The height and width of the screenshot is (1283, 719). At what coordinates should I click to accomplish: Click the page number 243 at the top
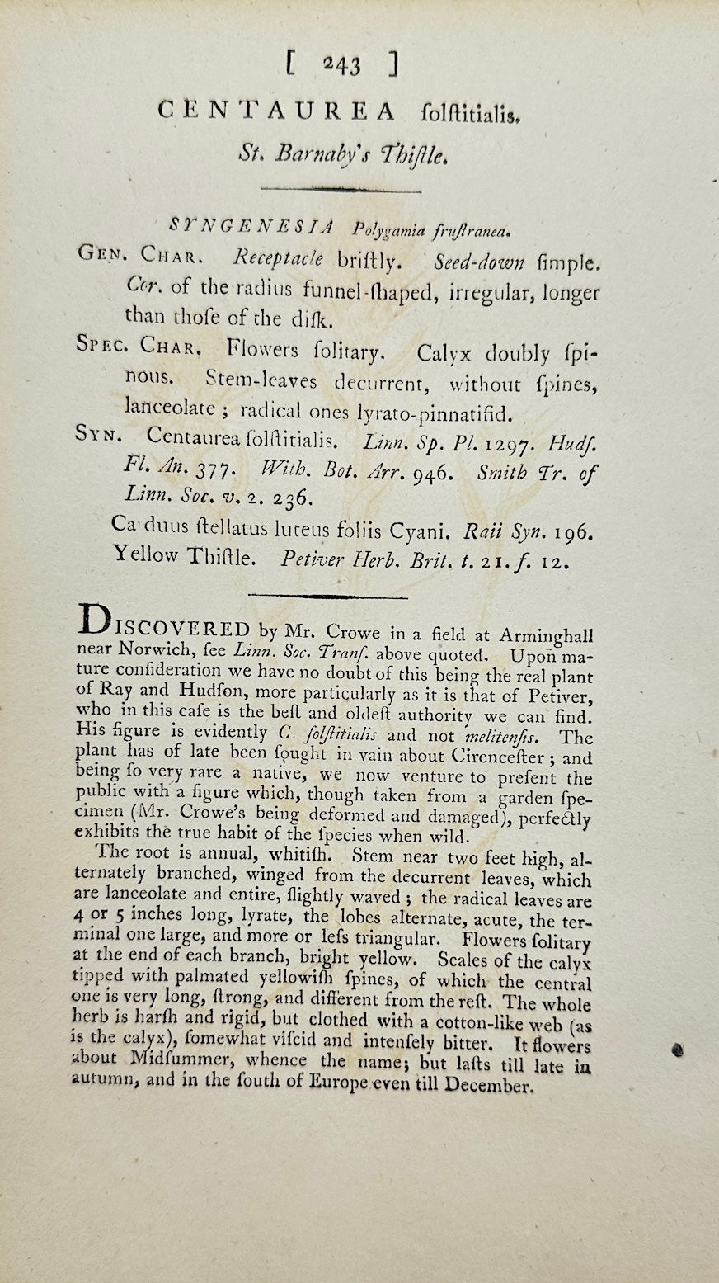point(341,65)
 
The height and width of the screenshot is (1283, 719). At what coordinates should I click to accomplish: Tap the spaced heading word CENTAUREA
point(275,111)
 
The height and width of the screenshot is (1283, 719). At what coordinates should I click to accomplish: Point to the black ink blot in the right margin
point(678,1050)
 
